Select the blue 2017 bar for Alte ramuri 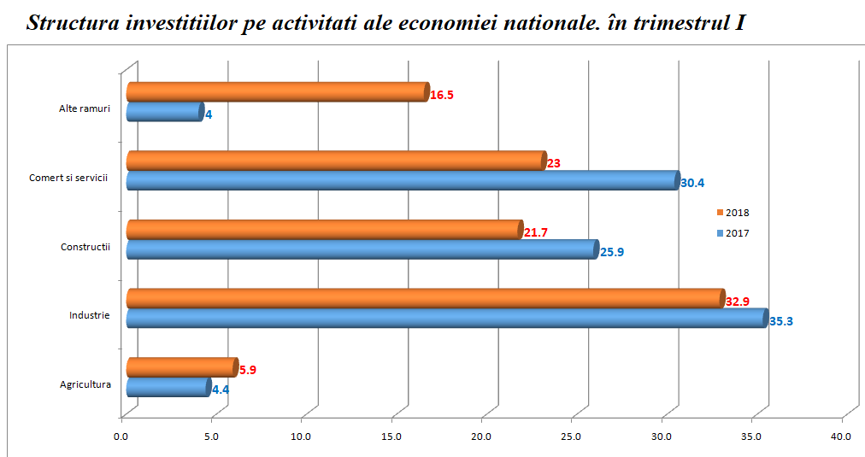[x=164, y=112]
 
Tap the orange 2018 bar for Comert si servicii [x=335, y=160]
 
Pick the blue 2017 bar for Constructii [x=362, y=249]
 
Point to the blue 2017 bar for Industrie [x=446, y=318]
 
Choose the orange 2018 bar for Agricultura [x=181, y=366]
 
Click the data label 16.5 [x=441, y=95]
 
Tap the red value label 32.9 [x=738, y=302]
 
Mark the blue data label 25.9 [x=612, y=252]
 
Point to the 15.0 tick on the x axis [x=391, y=436]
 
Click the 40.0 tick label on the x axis [x=841, y=436]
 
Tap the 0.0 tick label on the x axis [x=121, y=436]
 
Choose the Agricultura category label [x=85, y=384]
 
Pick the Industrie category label [x=89, y=315]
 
